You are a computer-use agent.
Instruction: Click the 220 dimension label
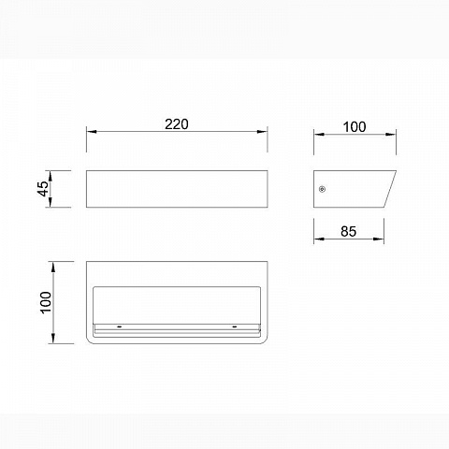177,124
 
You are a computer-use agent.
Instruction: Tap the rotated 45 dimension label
43,189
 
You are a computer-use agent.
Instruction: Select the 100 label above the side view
355,127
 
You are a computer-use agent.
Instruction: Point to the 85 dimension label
349,231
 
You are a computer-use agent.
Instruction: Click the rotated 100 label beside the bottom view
46,302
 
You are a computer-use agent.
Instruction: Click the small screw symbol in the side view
322,189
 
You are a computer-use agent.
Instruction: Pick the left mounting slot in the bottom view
119,326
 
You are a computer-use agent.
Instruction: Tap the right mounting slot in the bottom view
235,326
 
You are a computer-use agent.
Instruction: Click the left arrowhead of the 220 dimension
92,132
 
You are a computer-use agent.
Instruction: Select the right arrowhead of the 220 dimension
262,132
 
